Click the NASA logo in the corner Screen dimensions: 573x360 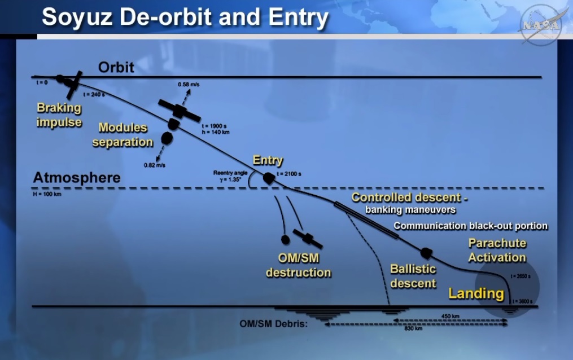540,25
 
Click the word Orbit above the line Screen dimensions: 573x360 116,67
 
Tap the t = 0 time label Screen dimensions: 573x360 42,82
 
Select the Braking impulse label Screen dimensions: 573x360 59,115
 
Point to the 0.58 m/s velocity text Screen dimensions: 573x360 189,84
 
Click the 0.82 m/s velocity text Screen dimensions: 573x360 155,165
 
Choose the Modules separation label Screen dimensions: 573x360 123,135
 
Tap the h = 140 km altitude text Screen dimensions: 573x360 216,132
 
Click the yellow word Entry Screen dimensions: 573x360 268,160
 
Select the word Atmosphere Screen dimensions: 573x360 77,178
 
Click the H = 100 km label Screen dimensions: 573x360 47,194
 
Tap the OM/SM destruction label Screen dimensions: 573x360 299,265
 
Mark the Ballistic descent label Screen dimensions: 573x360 413,276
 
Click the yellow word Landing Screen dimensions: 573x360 476,293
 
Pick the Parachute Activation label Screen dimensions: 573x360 497,251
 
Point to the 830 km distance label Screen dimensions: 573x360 413,328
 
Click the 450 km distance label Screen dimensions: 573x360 450,316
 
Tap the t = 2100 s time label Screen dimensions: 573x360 289,174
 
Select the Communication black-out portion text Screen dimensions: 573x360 471,226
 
